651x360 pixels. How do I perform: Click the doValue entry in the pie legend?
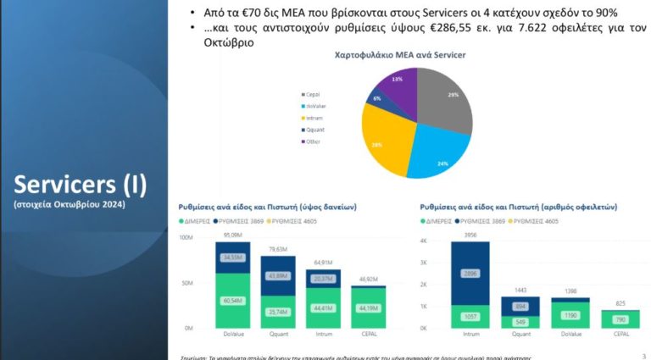click(314, 106)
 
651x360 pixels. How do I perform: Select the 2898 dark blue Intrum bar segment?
click(470, 273)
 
